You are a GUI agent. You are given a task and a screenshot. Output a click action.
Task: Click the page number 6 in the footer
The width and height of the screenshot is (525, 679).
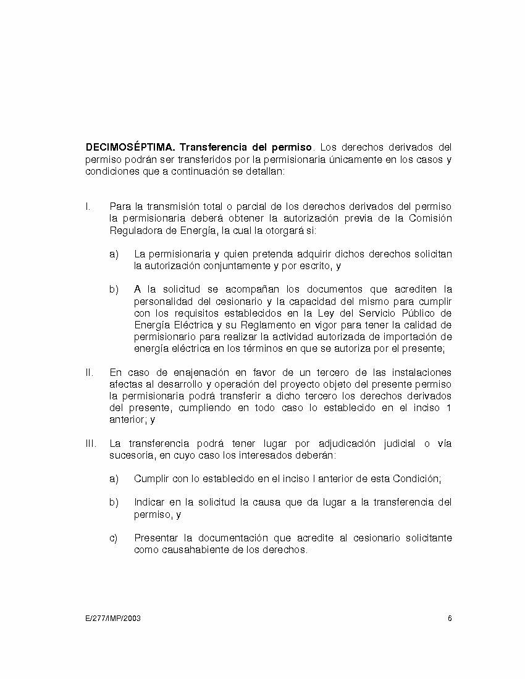click(450, 619)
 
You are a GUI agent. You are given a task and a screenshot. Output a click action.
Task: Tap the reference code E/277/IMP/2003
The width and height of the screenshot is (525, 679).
click(114, 619)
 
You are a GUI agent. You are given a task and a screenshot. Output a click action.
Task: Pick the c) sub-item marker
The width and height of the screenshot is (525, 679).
click(114, 538)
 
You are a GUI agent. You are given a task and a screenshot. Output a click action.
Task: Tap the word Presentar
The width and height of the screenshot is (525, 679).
click(157, 538)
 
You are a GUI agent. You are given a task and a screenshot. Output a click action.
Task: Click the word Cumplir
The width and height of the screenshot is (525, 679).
click(153, 478)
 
